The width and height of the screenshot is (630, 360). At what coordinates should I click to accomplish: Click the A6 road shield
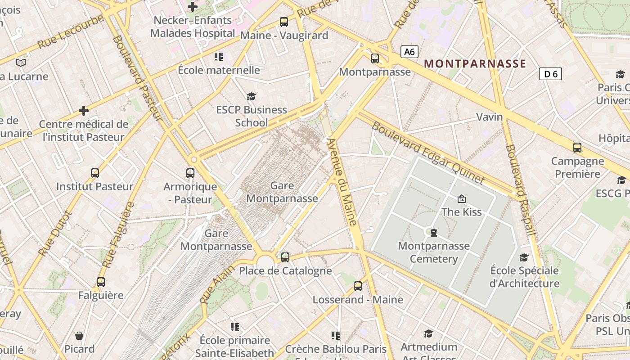(409, 52)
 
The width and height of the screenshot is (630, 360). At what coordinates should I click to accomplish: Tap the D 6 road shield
(550, 74)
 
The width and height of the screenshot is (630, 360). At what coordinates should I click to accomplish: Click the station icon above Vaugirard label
(284, 22)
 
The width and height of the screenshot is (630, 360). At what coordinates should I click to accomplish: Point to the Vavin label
(490, 117)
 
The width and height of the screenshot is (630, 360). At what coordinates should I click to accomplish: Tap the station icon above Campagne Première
(577, 147)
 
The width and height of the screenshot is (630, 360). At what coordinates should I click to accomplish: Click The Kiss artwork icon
(461, 198)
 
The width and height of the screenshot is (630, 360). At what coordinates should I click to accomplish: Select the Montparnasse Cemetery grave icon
(433, 232)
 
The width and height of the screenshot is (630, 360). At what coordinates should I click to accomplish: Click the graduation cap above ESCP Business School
(251, 96)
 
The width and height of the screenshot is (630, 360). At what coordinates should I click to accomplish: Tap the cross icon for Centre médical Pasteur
(84, 110)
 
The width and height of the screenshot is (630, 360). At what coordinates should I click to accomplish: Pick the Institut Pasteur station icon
(95, 173)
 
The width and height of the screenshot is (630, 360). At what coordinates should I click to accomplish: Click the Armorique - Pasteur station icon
(190, 173)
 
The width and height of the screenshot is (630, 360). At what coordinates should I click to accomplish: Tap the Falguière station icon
(101, 282)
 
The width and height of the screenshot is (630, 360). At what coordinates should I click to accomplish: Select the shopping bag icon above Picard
(79, 335)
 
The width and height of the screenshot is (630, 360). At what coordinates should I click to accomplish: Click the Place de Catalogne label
(285, 271)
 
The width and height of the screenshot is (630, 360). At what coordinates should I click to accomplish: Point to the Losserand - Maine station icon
(358, 286)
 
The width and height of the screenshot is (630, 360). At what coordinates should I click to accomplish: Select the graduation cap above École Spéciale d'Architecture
(524, 257)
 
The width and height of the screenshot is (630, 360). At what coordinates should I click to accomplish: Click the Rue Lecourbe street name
(71, 32)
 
